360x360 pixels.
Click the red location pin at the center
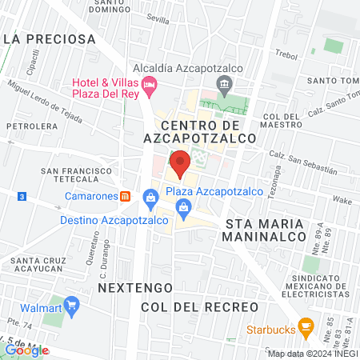[x=180, y=163]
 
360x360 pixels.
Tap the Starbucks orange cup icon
[x=305, y=326]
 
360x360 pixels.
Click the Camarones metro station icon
[x=124, y=197]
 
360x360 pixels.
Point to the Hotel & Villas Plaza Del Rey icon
[x=150, y=84]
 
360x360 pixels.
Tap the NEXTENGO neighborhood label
[x=129, y=286]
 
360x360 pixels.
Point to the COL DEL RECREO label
[x=199, y=307]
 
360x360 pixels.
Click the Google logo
[x=26, y=350]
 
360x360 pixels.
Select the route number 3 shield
[x=22, y=195]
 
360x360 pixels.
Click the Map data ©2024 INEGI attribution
[x=311, y=354]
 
